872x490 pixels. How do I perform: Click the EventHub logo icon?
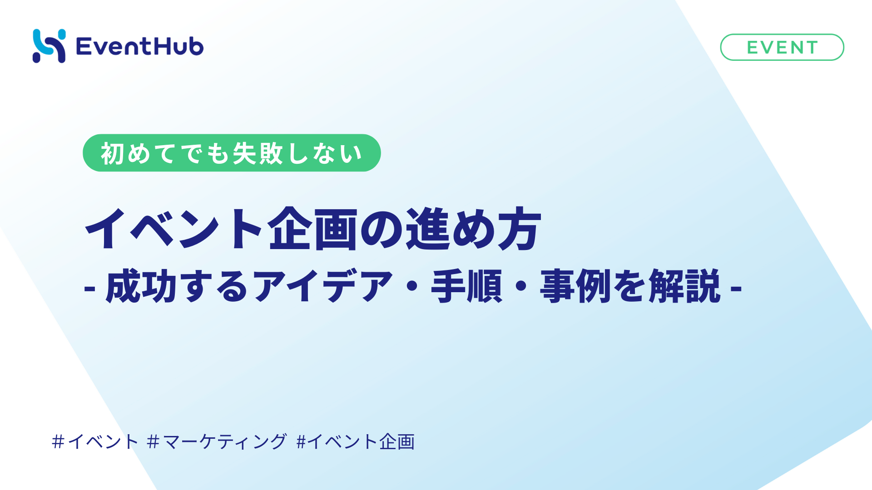tap(49, 46)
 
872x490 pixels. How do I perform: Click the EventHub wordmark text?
tap(140, 46)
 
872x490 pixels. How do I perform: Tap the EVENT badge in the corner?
tap(782, 47)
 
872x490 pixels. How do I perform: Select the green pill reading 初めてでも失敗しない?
tap(232, 153)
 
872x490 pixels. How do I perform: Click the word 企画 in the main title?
tap(313, 229)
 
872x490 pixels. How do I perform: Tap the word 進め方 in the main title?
tap(473, 229)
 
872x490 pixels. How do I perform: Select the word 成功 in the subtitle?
tap(141, 286)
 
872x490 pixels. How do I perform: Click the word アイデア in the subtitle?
tap(323, 286)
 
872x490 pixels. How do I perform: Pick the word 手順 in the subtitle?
tap(467, 286)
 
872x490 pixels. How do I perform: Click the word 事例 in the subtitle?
tap(575, 286)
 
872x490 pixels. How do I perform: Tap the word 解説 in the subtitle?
tap(685, 286)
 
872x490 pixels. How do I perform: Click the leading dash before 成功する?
tap(89, 288)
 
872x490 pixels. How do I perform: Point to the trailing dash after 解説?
tap(736, 288)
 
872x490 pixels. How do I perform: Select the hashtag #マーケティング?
tap(217, 441)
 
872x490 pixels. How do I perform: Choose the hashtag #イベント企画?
tap(356, 441)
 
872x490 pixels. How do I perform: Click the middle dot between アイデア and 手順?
tap(412, 286)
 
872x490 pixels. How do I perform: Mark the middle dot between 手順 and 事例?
tap(521, 286)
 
